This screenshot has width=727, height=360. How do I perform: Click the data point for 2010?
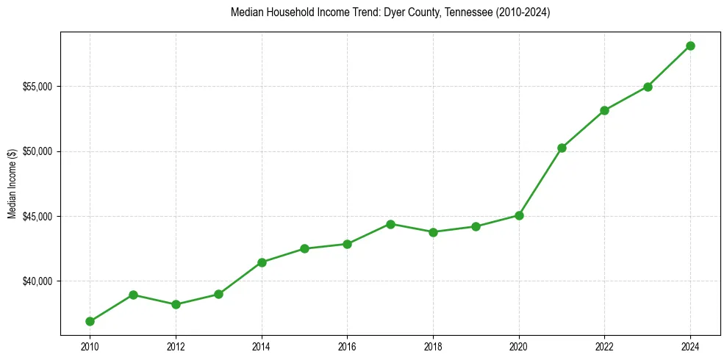click(90, 321)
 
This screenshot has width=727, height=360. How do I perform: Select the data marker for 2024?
click(690, 46)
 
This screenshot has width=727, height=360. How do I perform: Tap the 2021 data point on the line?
click(562, 148)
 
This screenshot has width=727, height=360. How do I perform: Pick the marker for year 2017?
click(390, 224)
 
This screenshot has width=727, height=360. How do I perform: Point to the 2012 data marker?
click(176, 304)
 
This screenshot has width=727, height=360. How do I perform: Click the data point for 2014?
click(262, 262)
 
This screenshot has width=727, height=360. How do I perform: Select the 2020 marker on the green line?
click(519, 215)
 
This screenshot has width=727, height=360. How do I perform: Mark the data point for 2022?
click(604, 110)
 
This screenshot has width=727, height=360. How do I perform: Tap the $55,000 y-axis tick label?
click(37, 87)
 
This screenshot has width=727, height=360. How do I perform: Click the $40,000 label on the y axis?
click(37, 281)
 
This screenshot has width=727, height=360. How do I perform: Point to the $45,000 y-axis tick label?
click(37, 217)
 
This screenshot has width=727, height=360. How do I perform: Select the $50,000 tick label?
click(37, 151)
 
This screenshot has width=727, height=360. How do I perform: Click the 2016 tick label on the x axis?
click(347, 346)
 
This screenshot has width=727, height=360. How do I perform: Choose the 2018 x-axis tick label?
click(433, 346)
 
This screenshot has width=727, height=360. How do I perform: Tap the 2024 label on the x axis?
click(690, 346)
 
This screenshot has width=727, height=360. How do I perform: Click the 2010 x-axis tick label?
click(90, 346)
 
